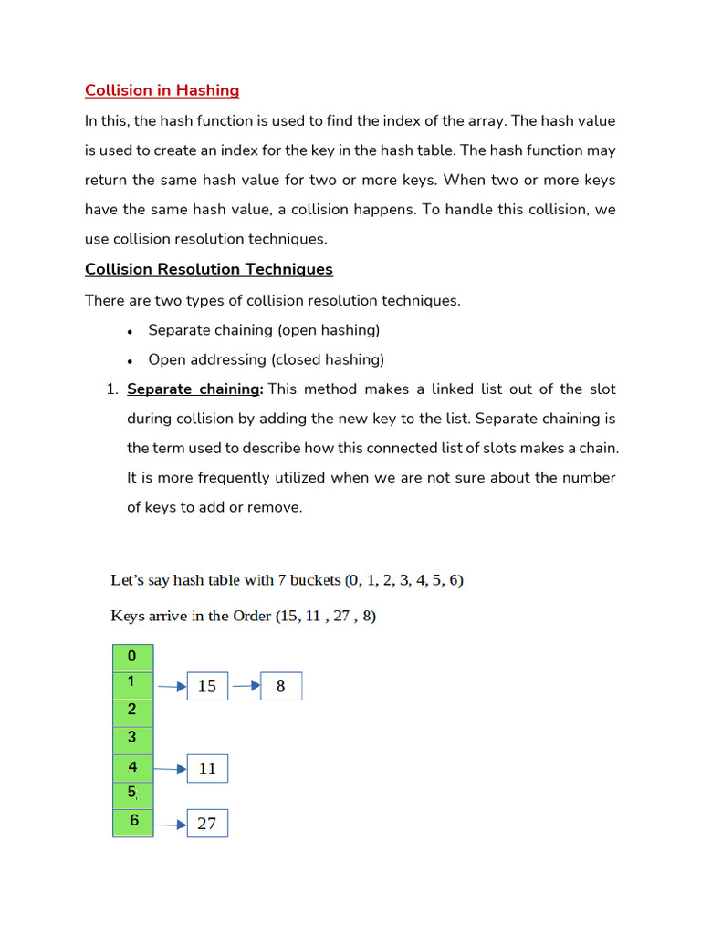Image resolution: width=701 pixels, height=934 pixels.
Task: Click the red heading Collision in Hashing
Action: [162, 90]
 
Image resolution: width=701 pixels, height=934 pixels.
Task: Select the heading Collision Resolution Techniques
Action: [208, 269]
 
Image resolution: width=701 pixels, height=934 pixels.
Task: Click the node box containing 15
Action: [207, 686]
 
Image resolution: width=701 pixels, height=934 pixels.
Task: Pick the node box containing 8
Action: [280, 686]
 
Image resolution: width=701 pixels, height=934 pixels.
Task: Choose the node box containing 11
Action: [207, 769]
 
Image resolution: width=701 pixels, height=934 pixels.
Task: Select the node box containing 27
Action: [207, 824]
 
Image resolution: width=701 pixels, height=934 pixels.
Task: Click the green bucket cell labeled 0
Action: [133, 657]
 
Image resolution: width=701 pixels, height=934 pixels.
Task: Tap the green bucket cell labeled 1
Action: [133, 684]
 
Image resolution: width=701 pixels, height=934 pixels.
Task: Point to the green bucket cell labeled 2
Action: [133, 711]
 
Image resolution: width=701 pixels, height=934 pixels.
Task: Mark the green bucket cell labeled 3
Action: [133, 739]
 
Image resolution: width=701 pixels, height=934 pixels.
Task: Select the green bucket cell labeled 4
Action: [133, 768]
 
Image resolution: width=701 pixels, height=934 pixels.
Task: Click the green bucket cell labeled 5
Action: [133, 794]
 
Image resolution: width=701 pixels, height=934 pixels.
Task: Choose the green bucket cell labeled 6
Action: [133, 822]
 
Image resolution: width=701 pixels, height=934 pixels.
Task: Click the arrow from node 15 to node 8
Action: [244, 686]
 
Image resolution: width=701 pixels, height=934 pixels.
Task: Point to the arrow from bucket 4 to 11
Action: [170, 769]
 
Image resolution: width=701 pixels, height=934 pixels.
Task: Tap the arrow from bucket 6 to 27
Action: [170, 825]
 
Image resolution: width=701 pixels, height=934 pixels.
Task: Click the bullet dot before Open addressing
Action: [131, 360]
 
